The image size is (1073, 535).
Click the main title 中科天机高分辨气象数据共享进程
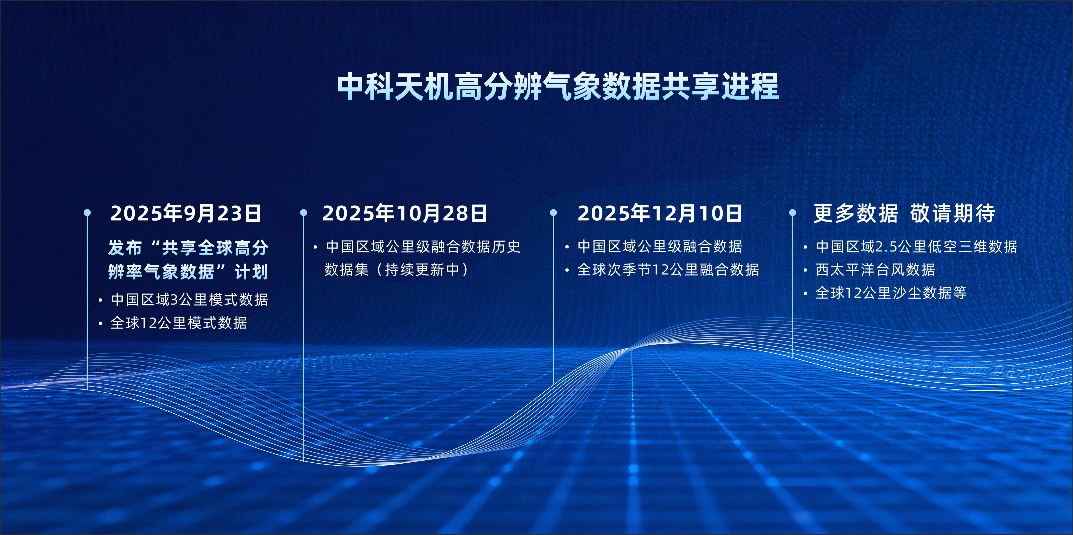tap(557, 87)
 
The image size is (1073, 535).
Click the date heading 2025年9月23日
tap(185, 213)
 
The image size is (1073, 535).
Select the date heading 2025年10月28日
tap(404, 213)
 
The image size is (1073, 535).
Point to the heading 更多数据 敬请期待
tap(904, 213)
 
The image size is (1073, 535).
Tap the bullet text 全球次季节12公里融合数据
tap(668, 270)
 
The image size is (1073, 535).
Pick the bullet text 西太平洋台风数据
tap(875, 270)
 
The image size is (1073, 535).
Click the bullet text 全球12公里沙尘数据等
tap(891, 293)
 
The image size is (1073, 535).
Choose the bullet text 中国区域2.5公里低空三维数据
tap(916, 246)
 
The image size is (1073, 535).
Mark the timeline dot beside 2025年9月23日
tap(87, 213)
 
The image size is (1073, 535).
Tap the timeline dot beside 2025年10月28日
tap(304, 213)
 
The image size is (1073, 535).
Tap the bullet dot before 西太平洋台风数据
tap(805, 271)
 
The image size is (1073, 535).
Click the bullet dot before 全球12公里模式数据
tap(100, 324)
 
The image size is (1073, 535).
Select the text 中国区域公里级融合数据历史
tap(423, 246)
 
